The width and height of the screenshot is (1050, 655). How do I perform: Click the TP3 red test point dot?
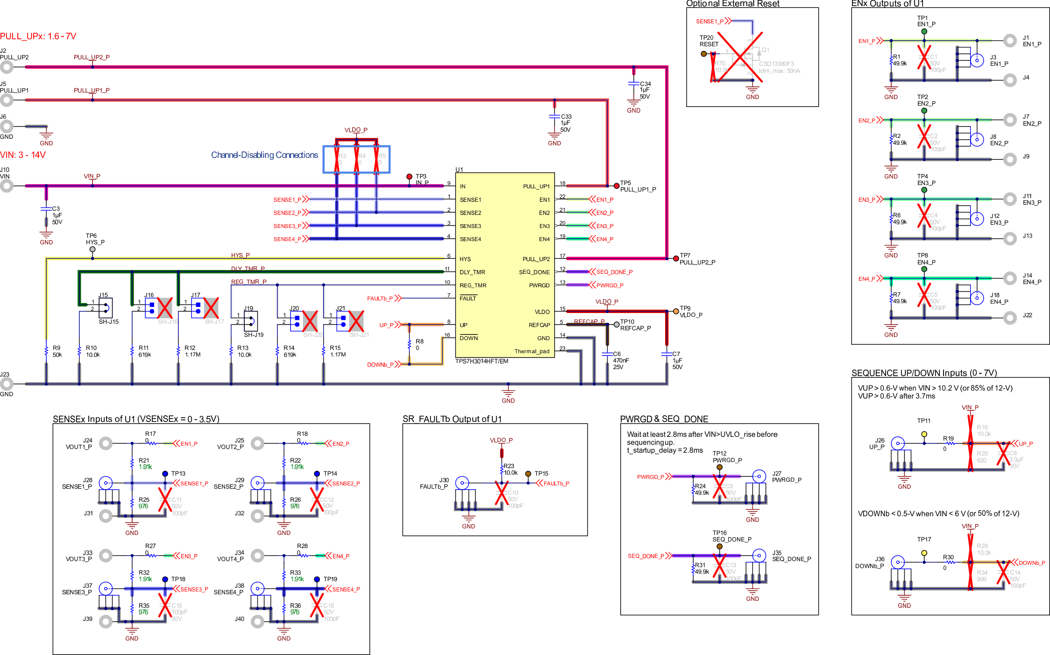(409, 177)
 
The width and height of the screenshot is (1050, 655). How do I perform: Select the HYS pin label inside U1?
(465, 259)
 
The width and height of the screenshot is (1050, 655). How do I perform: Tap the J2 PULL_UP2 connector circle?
(7, 67)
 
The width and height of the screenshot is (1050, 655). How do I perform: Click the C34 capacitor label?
(645, 84)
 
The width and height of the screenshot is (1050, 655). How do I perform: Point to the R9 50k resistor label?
(57, 351)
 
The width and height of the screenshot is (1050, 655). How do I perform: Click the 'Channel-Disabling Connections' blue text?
(264, 155)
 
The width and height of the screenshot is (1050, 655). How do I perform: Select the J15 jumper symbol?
(106, 308)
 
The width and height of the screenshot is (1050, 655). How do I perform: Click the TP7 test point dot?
(676, 258)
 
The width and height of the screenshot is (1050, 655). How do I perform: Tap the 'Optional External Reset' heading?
(732, 4)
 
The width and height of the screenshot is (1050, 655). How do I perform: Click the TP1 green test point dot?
(924, 32)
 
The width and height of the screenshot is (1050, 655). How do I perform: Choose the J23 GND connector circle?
(7, 384)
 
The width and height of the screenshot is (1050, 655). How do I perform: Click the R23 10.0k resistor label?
(510, 469)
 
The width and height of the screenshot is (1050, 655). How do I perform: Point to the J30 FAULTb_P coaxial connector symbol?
(462, 483)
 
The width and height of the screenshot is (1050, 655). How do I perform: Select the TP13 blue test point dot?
(165, 474)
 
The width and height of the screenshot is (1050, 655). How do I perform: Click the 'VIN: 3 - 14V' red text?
(23, 155)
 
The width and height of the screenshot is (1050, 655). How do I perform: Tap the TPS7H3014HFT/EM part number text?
(482, 361)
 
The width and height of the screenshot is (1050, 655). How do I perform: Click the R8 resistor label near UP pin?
(419, 344)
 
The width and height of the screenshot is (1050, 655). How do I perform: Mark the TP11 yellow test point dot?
(924, 434)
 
